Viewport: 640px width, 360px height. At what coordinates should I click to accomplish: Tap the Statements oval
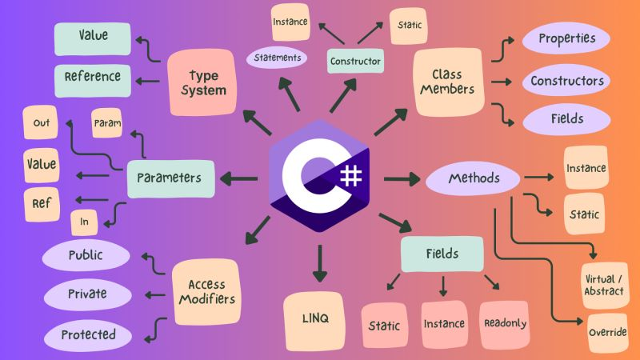tap(277, 58)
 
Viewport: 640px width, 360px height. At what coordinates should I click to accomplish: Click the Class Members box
tap(447, 82)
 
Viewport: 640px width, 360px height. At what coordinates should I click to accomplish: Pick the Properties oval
tap(566, 38)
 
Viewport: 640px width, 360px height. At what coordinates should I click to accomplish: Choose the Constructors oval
tap(566, 81)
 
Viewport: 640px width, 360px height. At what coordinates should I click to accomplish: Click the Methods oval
tap(474, 178)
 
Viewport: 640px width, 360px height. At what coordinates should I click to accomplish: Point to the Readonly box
tap(505, 323)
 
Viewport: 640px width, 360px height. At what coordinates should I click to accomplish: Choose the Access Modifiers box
tap(206, 291)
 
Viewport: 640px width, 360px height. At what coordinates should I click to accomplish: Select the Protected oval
tap(87, 334)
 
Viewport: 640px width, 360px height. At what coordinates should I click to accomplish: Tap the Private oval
tap(87, 294)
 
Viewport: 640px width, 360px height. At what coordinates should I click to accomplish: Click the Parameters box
tap(170, 178)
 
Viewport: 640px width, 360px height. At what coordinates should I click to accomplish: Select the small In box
tap(85, 222)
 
